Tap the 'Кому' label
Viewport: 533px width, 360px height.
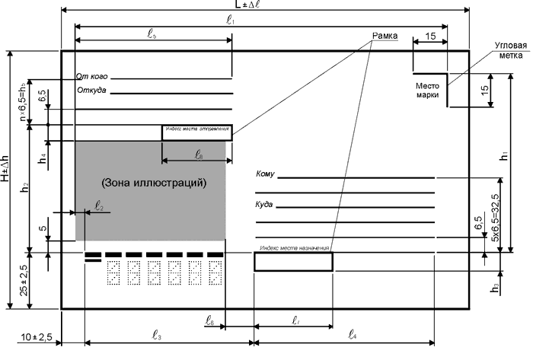[265, 174]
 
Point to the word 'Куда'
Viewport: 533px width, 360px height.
[263, 205]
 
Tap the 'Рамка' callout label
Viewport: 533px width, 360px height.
[385, 36]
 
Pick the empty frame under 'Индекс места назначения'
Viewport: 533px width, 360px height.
[293, 262]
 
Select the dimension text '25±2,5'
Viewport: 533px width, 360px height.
[24, 281]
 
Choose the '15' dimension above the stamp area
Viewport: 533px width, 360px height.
[431, 36]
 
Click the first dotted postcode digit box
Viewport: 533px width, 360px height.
[116, 272]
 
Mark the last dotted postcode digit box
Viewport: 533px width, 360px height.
[215, 272]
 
